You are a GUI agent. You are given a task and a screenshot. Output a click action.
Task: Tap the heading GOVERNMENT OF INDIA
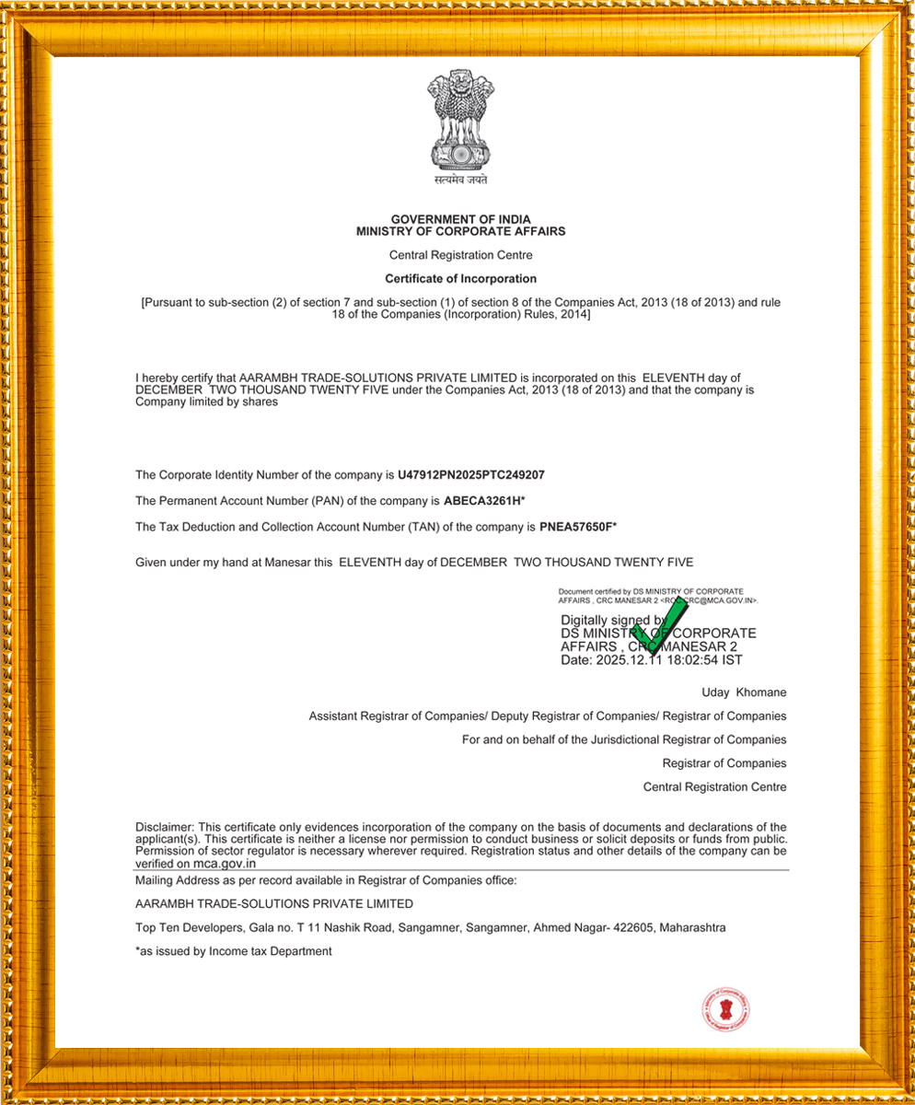(460, 219)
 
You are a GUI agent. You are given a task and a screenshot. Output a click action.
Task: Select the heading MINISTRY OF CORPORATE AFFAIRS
(460, 231)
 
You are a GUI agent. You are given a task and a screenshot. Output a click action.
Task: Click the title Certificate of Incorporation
(460, 278)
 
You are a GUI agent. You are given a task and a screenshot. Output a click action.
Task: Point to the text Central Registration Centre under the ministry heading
(460, 255)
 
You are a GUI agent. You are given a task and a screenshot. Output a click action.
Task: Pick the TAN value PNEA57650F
(576, 527)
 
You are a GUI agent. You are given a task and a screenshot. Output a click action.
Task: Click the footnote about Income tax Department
(233, 951)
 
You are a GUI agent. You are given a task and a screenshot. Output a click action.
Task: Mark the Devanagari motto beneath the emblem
(460, 180)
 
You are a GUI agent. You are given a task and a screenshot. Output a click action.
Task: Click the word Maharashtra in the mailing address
(692, 928)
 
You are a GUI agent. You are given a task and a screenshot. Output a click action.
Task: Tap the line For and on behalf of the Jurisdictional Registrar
(624, 739)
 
